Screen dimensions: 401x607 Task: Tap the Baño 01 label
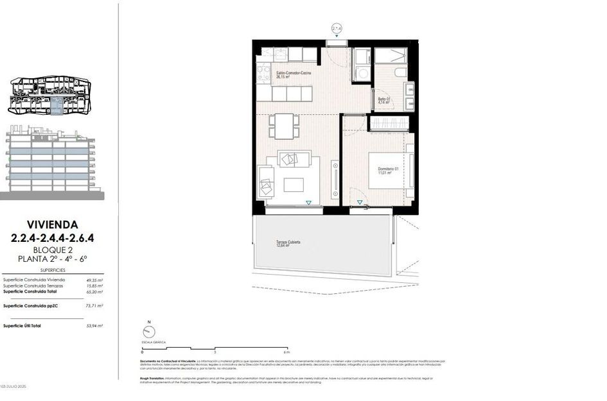point(383,99)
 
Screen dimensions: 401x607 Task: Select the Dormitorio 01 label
point(388,170)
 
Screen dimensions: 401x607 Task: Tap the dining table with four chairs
point(283,126)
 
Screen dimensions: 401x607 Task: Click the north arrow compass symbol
point(149,332)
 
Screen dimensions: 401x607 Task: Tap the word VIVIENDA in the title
point(53,225)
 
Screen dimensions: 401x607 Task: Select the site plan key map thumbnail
point(49,97)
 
